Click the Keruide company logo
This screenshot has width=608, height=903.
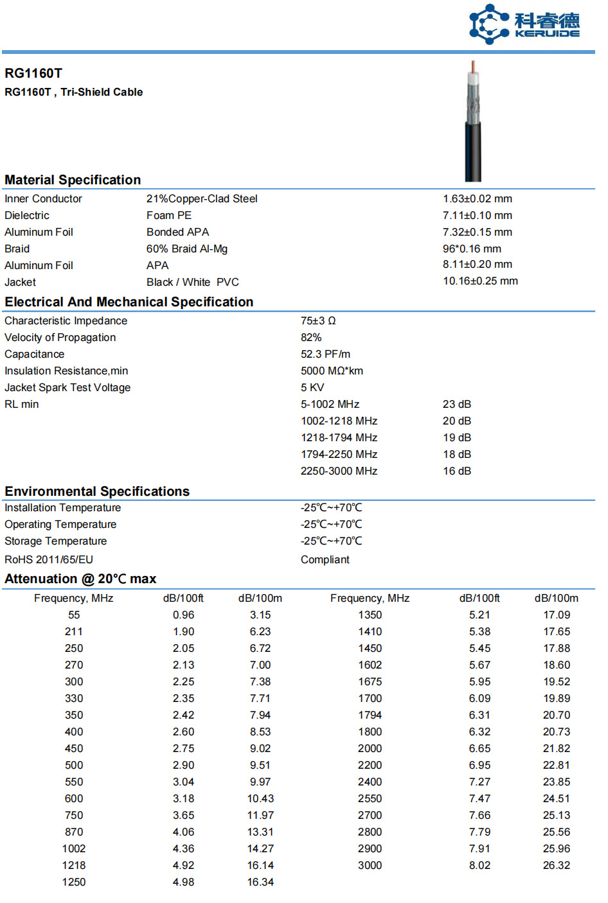tap(524, 24)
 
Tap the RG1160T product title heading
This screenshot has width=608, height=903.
tap(33, 73)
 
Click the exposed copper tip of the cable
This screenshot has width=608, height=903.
tap(474, 67)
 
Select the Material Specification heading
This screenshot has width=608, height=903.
tap(73, 180)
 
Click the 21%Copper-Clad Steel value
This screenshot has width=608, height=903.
tap(202, 199)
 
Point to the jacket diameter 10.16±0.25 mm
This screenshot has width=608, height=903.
tap(480, 281)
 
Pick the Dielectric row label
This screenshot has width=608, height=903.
tap(27, 216)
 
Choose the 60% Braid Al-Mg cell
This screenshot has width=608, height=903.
tap(187, 249)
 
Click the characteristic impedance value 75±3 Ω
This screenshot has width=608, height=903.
tap(318, 321)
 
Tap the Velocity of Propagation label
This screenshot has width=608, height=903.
tap(60, 338)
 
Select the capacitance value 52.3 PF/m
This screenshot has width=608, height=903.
tap(325, 355)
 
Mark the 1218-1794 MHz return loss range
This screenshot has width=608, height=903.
tap(339, 438)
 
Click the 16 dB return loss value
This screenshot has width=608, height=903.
tap(457, 471)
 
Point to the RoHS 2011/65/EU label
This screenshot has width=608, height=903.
tap(49, 560)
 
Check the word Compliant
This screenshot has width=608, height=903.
tap(325, 560)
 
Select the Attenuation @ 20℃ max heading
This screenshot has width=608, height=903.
tap(80, 579)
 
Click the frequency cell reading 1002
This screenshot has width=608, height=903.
tap(74, 849)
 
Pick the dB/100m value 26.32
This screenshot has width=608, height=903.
tap(557, 866)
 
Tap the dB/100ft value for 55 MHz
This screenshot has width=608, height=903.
tap(183, 615)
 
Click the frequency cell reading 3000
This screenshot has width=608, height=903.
tap(370, 866)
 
